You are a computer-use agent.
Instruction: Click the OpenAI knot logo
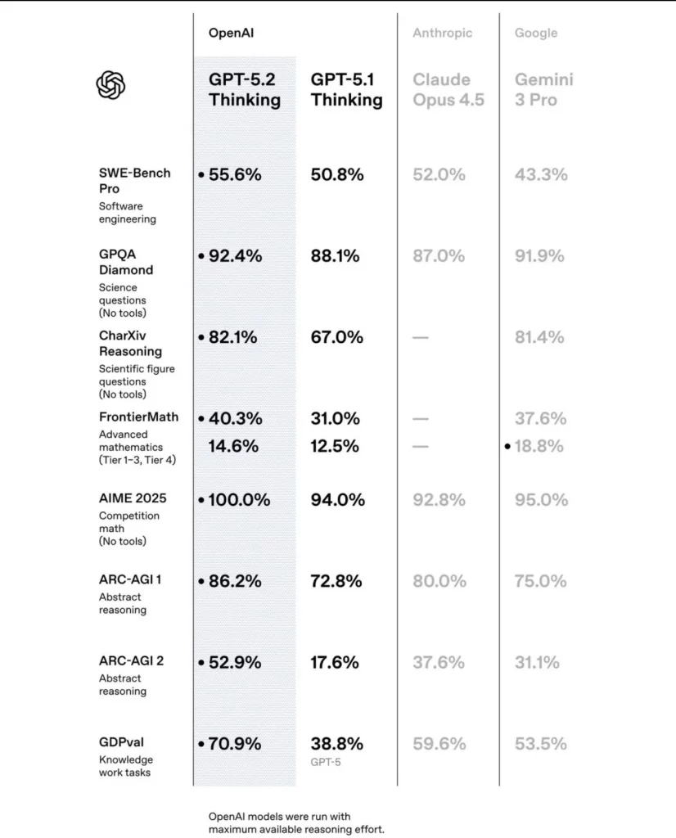pyautogui.click(x=111, y=85)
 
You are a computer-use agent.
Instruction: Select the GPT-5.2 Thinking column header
pyautogui.click(x=244, y=90)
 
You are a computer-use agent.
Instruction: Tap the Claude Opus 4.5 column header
pyautogui.click(x=448, y=90)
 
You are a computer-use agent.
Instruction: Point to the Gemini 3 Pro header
pyautogui.click(x=544, y=90)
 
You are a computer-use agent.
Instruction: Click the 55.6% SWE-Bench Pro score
pyautogui.click(x=235, y=174)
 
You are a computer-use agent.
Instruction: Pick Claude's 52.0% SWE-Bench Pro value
pyautogui.click(x=439, y=174)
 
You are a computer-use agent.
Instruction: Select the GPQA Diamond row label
pyautogui.click(x=126, y=262)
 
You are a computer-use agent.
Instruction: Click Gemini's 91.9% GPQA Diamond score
pyautogui.click(x=539, y=255)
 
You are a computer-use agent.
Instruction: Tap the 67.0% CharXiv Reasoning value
pyautogui.click(x=336, y=337)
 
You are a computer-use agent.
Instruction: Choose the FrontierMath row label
pyautogui.click(x=138, y=417)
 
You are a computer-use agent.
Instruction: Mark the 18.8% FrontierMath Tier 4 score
pyautogui.click(x=539, y=446)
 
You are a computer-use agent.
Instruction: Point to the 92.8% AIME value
pyautogui.click(x=439, y=499)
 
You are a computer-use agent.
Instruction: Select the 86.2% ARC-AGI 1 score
pyautogui.click(x=235, y=581)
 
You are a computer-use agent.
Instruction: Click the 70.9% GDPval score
pyautogui.click(x=235, y=744)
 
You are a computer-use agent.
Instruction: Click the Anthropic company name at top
pyautogui.click(x=442, y=34)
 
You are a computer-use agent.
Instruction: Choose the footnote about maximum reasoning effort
pyautogui.click(x=295, y=823)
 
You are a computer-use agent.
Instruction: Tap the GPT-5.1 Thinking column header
pyautogui.click(x=346, y=90)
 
